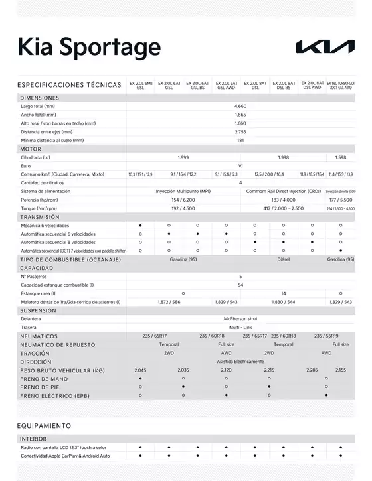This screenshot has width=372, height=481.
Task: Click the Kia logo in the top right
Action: [x=325, y=46]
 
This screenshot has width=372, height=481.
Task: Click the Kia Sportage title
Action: [x=88, y=47]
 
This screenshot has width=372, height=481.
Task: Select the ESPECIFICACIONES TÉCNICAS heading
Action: [x=70, y=85]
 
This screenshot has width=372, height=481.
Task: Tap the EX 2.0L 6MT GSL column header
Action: [x=140, y=85]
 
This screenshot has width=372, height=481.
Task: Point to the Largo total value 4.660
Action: [x=240, y=106]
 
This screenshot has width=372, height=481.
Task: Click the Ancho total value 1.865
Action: [x=240, y=115]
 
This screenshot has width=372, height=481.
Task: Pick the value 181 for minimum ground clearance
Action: [x=240, y=140]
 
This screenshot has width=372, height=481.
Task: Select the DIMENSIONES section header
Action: [x=40, y=98]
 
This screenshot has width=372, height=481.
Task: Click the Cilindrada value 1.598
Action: [x=341, y=157]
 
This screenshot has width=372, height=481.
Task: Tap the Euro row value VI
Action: [x=240, y=166]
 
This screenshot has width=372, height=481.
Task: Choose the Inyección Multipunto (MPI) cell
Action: [x=183, y=191]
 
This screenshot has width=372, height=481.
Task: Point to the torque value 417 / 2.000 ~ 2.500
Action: [x=284, y=208]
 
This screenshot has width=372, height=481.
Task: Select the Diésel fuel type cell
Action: [x=284, y=259]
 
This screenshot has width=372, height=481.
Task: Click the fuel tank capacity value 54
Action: [x=240, y=285]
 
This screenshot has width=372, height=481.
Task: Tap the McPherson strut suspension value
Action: [x=240, y=318]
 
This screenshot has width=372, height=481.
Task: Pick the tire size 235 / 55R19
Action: [x=326, y=336]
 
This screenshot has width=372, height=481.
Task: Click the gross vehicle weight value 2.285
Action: [x=312, y=370]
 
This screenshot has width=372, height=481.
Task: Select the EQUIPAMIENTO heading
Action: [x=44, y=425]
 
